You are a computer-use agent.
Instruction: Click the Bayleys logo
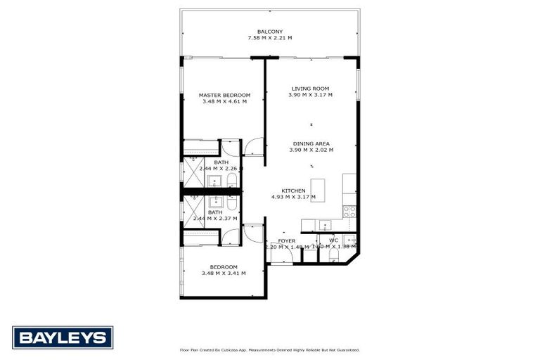click(x=63, y=337)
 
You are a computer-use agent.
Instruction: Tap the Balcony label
click(x=270, y=32)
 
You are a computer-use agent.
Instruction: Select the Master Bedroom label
click(x=224, y=95)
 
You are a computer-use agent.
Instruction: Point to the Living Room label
click(x=311, y=89)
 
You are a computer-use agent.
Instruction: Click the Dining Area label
click(x=311, y=143)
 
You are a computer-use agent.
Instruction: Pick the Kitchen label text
click(x=292, y=191)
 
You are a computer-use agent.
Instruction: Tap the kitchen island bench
click(x=319, y=190)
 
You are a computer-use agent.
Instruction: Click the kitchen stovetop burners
click(x=349, y=210)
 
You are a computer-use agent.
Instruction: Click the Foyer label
click(x=287, y=240)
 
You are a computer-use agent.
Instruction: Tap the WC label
click(x=333, y=240)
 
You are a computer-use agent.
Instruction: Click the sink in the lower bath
click(x=215, y=202)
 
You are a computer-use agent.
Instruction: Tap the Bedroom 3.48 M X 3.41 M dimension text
click(x=224, y=273)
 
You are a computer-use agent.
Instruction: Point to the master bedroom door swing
click(x=253, y=146)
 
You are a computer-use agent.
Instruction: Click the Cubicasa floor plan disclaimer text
click(x=270, y=349)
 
